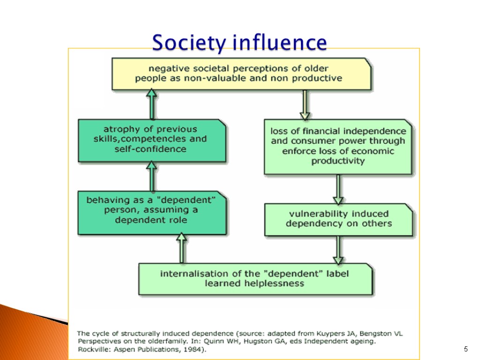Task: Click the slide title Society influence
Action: [x=239, y=43]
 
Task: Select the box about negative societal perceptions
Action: [x=241, y=74]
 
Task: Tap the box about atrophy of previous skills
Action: [x=151, y=139]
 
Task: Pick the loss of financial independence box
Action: [x=338, y=146]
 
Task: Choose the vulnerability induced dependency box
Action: [x=338, y=219]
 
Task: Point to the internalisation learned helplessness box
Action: [x=255, y=278]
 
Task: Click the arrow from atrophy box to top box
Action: [x=151, y=104]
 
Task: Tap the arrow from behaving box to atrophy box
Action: [x=151, y=176]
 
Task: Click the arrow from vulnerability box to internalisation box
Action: [x=338, y=250]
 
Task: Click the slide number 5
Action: [x=465, y=349]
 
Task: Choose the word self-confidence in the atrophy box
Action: [x=150, y=149]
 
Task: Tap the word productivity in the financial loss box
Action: [x=338, y=161]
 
